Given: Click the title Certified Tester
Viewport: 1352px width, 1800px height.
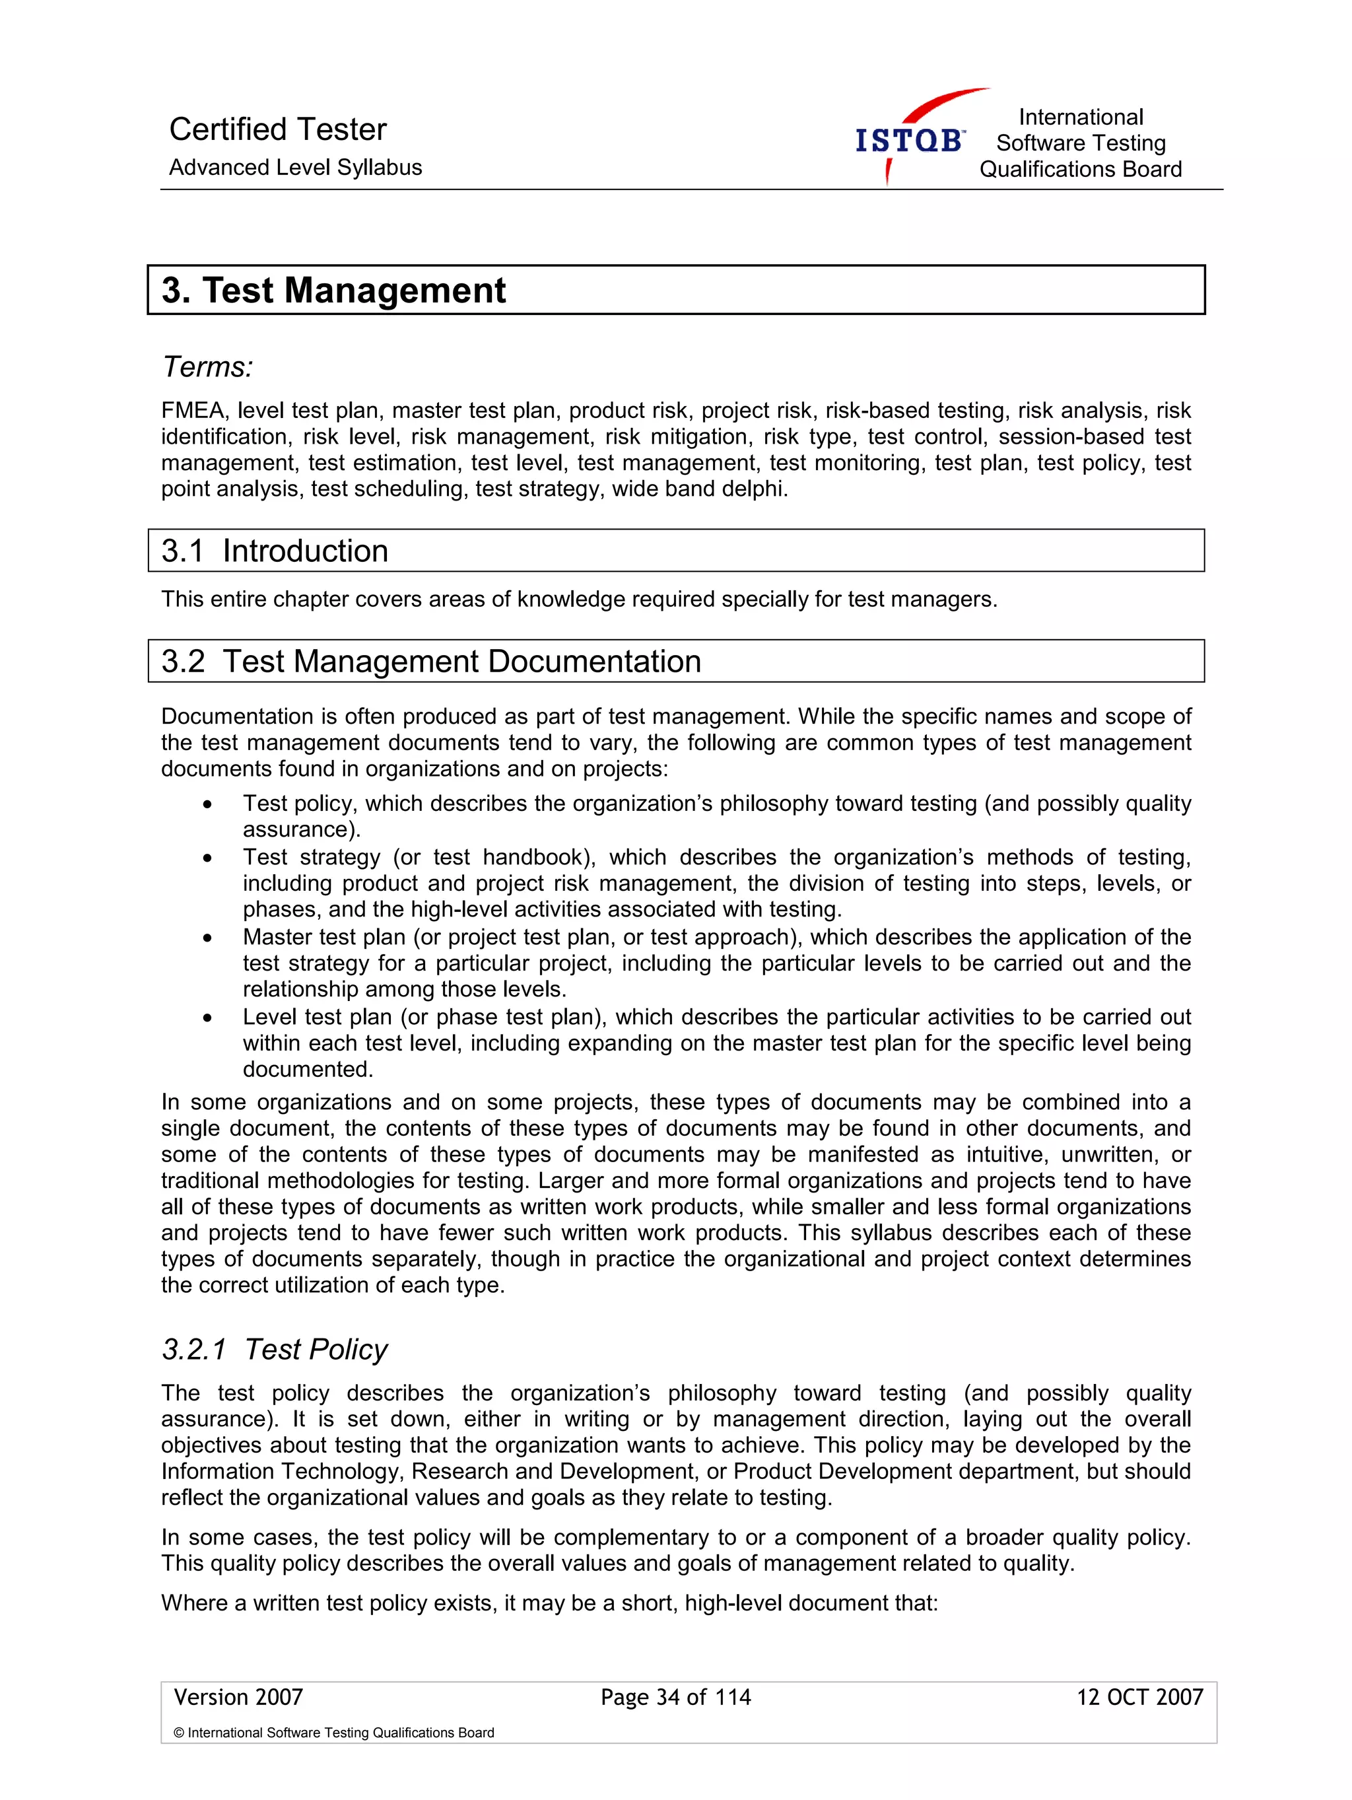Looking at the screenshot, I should click(x=277, y=129).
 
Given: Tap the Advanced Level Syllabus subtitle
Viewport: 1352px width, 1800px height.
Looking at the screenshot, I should click(x=295, y=168).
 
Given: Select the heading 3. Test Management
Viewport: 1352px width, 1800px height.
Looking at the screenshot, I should click(x=333, y=291).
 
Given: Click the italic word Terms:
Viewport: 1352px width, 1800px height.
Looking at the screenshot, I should click(x=207, y=367).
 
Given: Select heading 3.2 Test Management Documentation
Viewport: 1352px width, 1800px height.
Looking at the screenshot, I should click(x=430, y=661).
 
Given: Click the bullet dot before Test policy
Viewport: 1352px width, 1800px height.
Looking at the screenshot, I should click(x=208, y=805).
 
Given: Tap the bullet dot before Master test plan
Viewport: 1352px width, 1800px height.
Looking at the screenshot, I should click(x=208, y=938).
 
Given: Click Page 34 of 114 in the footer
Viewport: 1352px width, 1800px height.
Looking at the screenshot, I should click(x=675, y=1696).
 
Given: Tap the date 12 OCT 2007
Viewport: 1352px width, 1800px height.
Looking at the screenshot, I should click(x=1139, y=1696).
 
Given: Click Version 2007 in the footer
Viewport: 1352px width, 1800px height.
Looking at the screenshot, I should click(x=238, y=1696).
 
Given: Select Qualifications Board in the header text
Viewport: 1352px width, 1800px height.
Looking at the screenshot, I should click(x=1079, y=169).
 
